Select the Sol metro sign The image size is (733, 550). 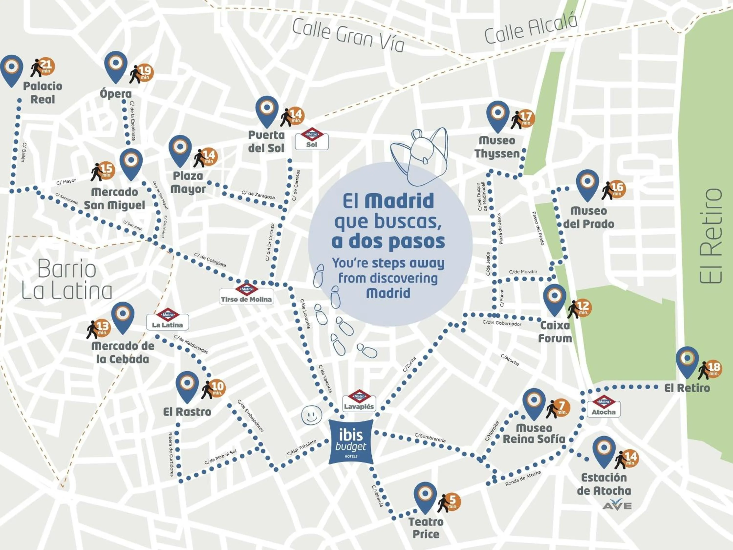312,140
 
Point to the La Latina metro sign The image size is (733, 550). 167,319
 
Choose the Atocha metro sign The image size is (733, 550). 604,407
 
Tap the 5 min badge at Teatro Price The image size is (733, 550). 452,501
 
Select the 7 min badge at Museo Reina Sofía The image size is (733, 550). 561,408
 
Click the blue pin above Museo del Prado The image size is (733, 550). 587,184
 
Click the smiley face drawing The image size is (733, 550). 312,414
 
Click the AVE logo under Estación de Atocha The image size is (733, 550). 617,505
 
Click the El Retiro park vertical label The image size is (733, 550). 711,236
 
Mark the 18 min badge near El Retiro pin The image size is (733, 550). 713,369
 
